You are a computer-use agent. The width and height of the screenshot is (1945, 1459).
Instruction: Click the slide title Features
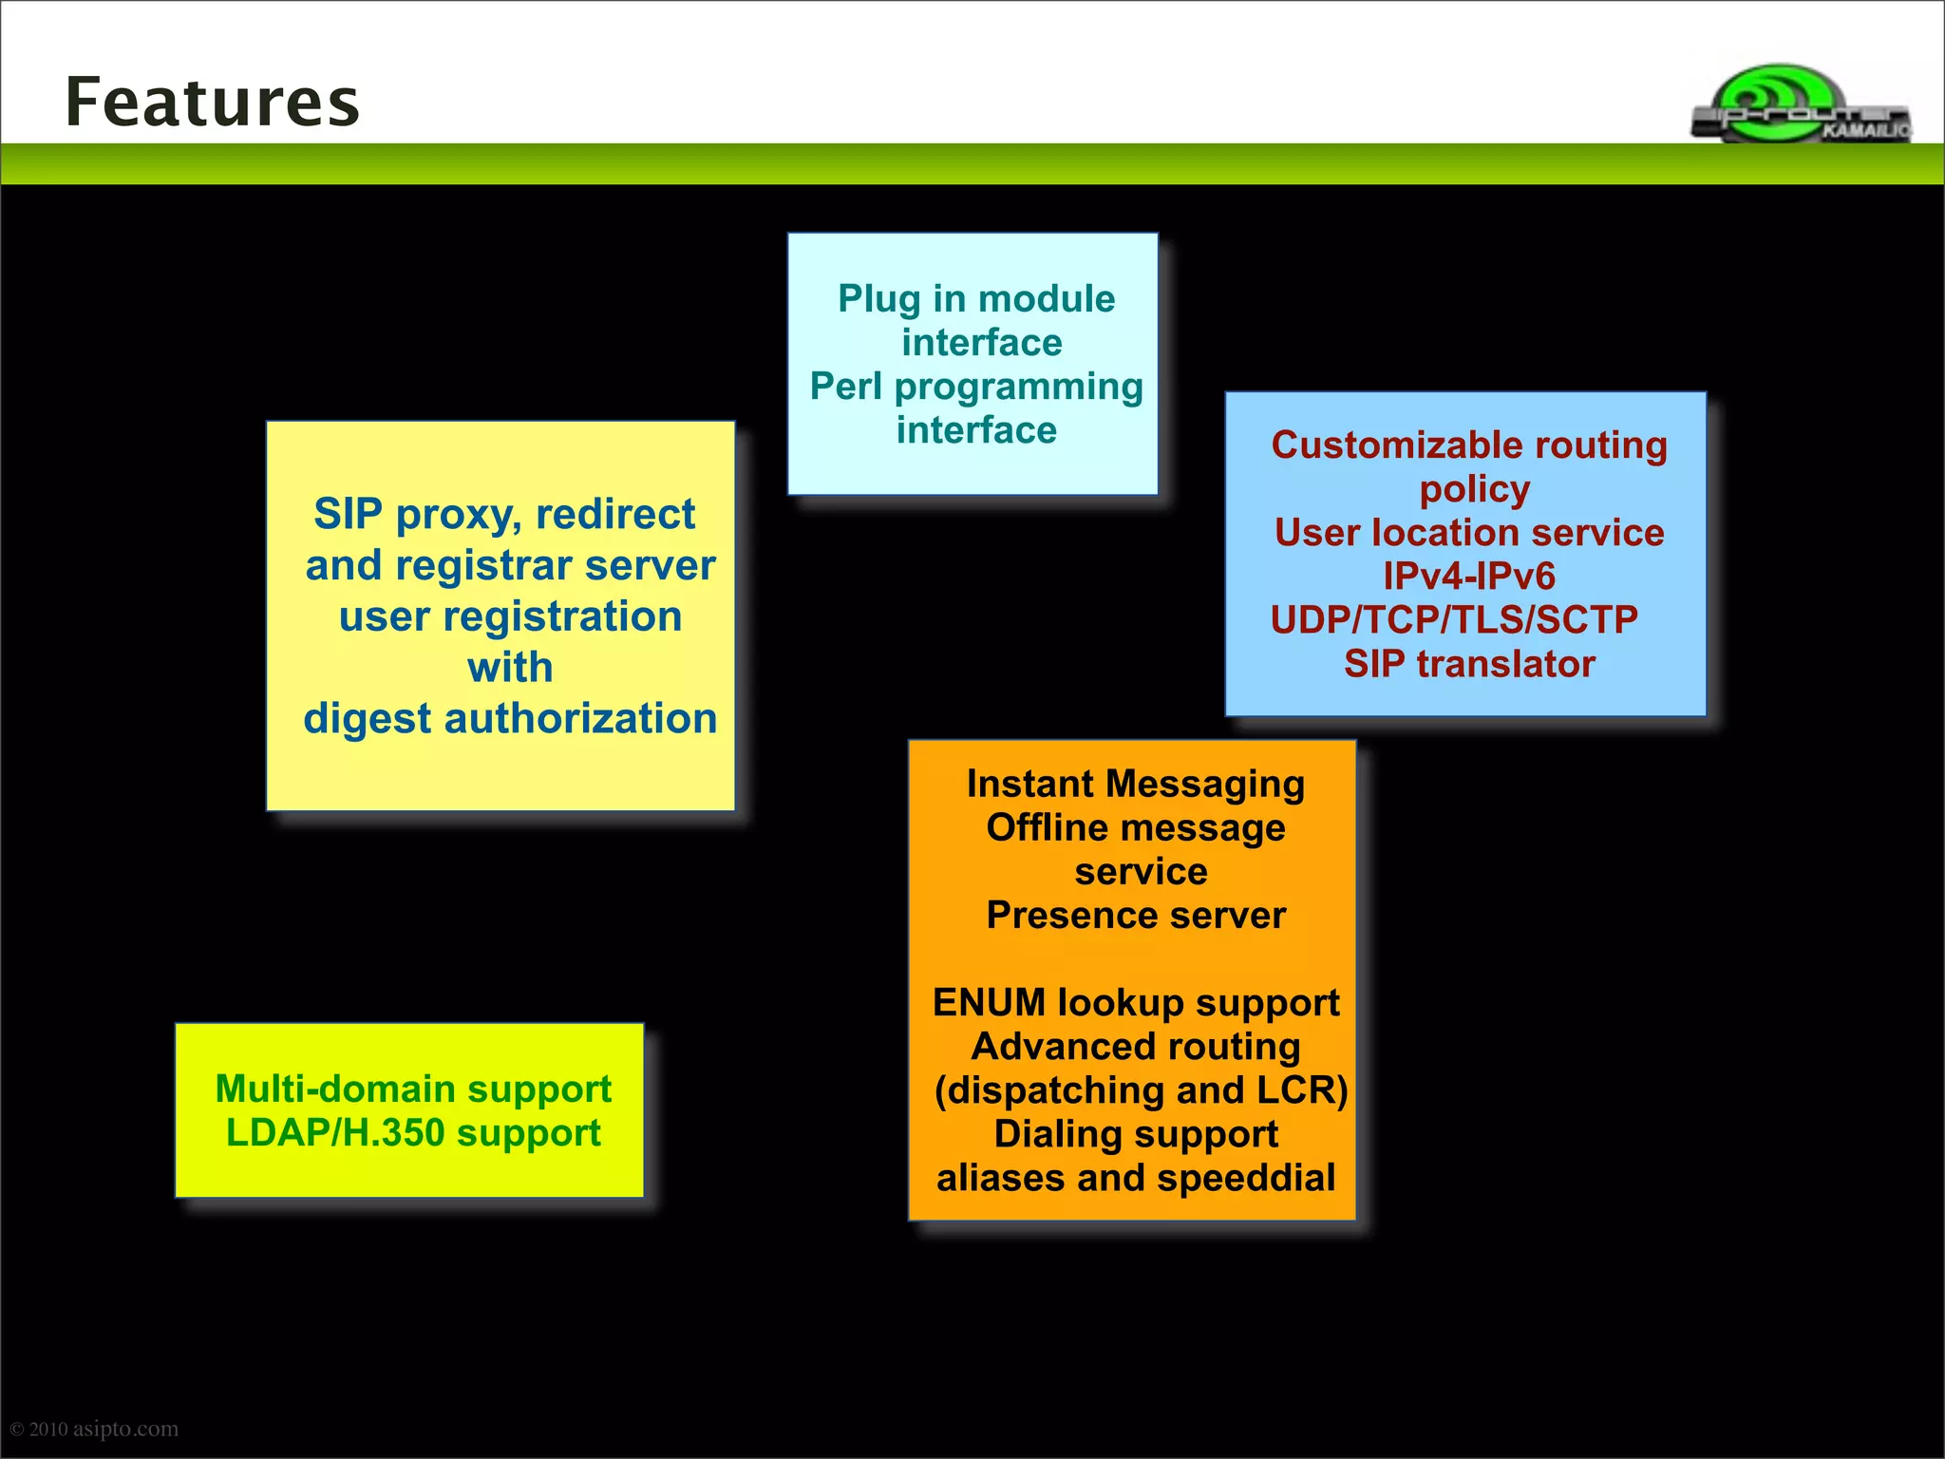point(213,103)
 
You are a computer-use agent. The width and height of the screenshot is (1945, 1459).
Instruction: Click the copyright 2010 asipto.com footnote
point(94,1429)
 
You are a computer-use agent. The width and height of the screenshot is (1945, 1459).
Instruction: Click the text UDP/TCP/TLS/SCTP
point(1454,620)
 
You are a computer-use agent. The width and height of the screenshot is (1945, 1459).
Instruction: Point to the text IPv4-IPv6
point(1468,577)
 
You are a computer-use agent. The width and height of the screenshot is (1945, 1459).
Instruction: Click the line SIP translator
point(1468,664)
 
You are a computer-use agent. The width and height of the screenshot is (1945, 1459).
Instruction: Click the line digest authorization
point(510,719)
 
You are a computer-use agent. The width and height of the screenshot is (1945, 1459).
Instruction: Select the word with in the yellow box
point(510,668)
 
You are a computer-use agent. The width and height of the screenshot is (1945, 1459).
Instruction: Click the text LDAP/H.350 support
point(413,1133)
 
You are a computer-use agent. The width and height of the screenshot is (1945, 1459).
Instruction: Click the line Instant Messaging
point(1135,785)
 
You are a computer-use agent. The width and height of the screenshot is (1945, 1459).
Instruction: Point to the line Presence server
point(1135,916)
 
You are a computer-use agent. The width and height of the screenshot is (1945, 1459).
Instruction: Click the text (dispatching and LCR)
point(1141,1090)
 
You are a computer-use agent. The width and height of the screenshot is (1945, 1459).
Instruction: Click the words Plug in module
point(975,299)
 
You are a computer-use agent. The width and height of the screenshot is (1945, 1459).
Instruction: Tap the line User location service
point(1468,533)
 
